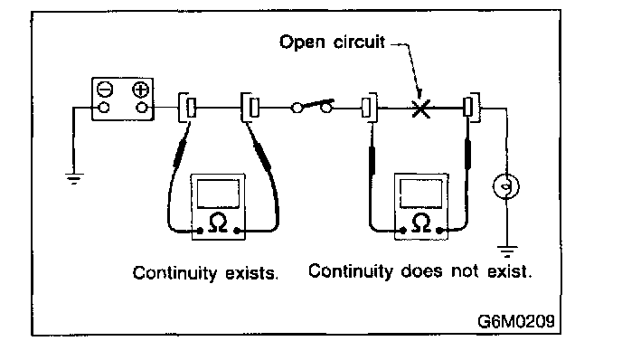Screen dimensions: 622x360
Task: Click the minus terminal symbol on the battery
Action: [105, 90]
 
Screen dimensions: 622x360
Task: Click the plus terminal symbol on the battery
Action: [140, 90]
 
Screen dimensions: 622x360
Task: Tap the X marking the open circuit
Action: [421, 108]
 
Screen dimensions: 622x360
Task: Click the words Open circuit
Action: [332, 42]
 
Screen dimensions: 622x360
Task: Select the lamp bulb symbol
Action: [506, 186]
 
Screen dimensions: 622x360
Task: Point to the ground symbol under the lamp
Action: [507, 251]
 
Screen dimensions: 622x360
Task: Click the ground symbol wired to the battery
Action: [74, 179]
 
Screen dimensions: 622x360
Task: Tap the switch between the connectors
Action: [313, 107]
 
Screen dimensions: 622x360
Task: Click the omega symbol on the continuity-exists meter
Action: [218, 223]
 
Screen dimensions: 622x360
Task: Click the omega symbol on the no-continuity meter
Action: [421, 223]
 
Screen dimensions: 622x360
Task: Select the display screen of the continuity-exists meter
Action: [218, 194]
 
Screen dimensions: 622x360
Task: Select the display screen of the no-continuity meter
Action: [421, 194]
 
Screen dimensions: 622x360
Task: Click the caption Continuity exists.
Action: [205, 273]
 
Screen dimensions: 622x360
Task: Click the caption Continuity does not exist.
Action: [419, 271]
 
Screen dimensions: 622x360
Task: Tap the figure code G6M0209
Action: [515, 321]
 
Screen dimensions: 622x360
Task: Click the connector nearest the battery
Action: [188, 108]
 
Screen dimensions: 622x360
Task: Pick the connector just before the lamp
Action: [471, 107]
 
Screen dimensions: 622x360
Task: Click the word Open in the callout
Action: [302, 43]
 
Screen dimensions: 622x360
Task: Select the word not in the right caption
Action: [464, 271]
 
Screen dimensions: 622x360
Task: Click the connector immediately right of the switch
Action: [369, 108]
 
